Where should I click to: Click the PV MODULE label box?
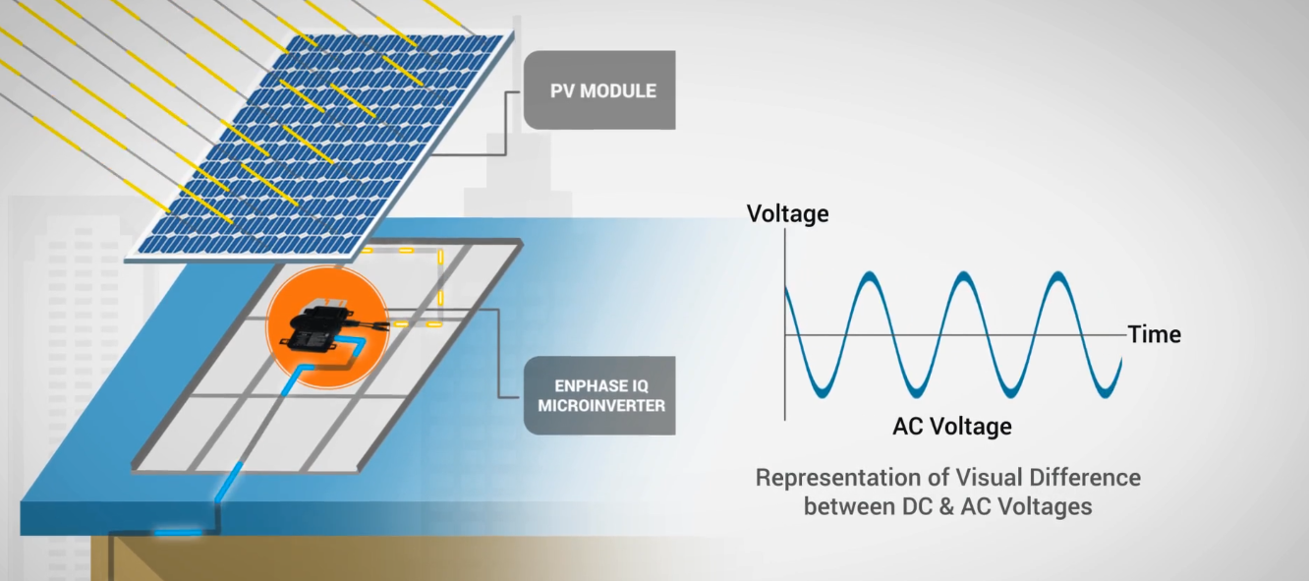click(599, 90)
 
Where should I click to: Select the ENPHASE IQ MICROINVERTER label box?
click(600, 395)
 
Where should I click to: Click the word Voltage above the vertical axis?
click(787, 213)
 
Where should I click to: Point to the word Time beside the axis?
click(1154, 334)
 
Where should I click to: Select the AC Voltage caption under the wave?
click(951, 426)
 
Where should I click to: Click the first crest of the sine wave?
click(868, 277)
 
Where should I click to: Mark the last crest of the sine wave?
click(1058, 277)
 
